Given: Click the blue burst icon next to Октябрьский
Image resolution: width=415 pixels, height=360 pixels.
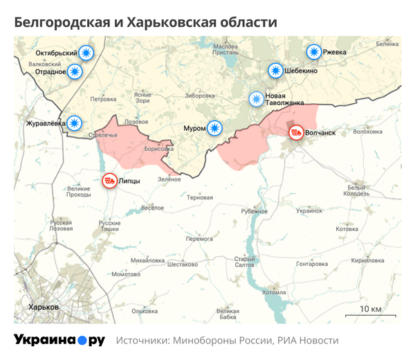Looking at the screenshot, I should pos(86,53).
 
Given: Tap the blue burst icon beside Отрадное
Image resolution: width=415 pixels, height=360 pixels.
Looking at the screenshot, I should pos(75,71).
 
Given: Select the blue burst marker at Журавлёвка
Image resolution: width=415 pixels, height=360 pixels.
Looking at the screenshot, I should pos(75,123).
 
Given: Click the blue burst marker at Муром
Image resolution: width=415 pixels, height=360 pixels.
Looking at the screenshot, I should pos(215,127).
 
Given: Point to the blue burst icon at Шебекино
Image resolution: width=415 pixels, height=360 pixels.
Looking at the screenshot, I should pos(275,70).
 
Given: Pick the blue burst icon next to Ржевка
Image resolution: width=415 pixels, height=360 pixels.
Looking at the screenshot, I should pos(314,52).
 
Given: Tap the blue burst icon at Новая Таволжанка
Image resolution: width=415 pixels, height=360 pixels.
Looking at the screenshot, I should pos(257,99).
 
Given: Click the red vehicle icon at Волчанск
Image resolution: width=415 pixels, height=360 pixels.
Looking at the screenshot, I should pos(296,132).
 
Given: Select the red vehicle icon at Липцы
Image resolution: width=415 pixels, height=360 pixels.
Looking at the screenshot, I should pos(109,181).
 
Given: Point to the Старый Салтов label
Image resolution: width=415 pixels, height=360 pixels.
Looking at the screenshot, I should pos(246,262).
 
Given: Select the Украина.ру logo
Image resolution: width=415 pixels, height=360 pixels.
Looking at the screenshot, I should pos(59,340).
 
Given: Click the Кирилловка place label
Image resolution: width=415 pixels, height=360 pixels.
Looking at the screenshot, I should pos(367,260).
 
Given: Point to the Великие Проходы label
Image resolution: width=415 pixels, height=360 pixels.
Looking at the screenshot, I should pos(78,192).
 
